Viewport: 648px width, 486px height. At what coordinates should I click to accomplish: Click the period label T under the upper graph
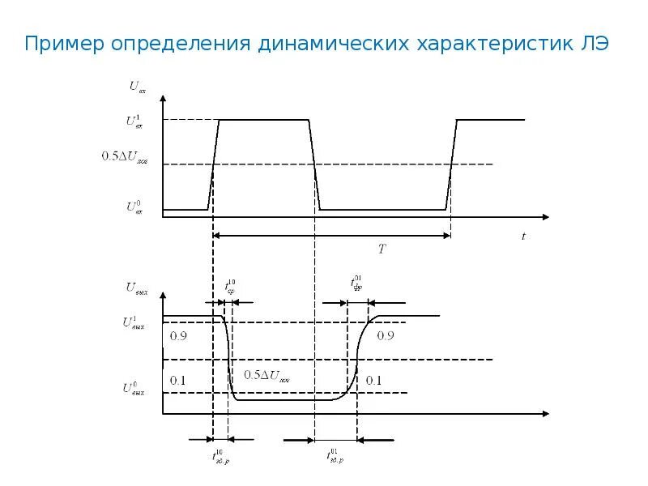coord(382,249)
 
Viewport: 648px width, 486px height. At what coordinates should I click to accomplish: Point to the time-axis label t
coord(523,237)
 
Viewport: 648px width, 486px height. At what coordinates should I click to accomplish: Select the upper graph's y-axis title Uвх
coord(137,84)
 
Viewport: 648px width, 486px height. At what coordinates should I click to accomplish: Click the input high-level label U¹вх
coord(134,122)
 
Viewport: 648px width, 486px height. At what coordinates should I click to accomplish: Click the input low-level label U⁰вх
coord(134,207)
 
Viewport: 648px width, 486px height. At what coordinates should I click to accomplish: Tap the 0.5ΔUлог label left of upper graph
coord(125,156)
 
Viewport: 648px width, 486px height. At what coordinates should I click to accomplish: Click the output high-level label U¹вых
coord(134,323)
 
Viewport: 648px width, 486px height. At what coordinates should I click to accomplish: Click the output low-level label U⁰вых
coord(134,388)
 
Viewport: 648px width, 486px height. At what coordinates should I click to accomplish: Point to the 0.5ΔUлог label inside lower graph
coord(266,376)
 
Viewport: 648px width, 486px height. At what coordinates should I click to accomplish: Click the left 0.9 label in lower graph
coord(178,336)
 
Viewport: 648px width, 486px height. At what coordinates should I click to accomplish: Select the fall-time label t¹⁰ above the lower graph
coord(230,287)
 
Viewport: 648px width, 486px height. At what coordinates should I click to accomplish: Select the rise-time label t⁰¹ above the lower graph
coord(356,283)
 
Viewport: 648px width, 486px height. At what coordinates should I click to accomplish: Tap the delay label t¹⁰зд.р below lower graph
coord(220,458)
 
